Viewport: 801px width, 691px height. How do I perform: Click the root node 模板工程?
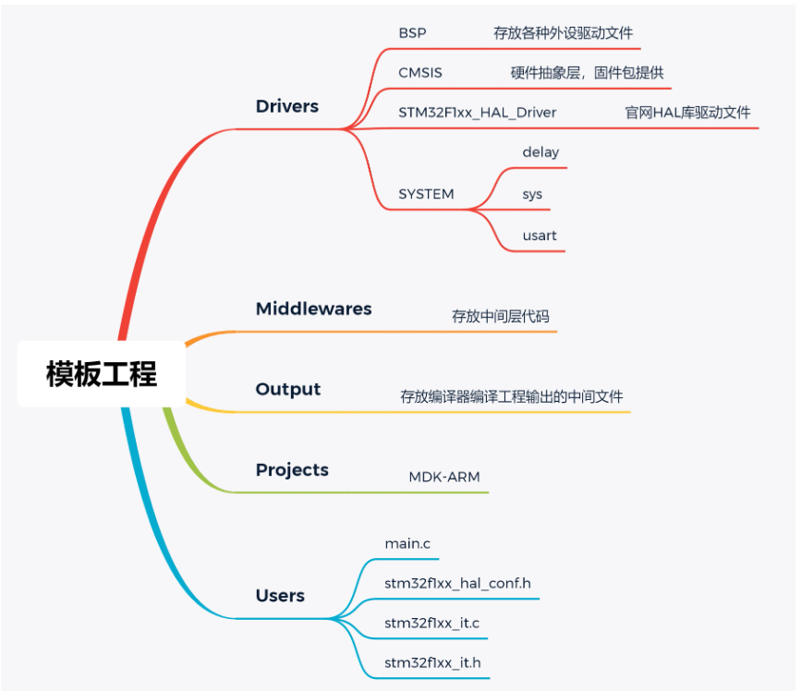102,374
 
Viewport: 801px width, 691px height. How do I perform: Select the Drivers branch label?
286,106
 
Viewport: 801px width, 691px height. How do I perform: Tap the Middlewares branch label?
313,309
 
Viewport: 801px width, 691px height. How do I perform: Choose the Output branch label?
287,389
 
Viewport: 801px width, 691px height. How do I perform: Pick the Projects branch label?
292,469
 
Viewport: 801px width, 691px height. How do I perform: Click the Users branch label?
280,596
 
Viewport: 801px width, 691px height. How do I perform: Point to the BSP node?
412,32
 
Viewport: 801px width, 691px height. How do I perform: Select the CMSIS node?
420,72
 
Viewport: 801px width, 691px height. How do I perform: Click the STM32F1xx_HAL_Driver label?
477,112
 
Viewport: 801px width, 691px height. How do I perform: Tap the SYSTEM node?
426,194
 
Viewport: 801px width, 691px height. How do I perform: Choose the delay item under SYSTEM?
540,152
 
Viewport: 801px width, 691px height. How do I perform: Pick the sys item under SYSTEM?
532,194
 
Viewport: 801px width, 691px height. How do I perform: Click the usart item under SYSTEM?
540,236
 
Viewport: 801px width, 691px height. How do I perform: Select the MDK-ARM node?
444,477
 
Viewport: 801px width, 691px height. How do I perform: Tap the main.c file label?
407,543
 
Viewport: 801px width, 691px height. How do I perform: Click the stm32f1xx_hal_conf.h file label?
457,583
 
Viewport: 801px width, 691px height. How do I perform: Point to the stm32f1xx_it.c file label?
431,623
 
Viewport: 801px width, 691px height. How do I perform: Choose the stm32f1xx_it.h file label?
431,662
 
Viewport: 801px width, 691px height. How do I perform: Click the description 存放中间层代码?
500,316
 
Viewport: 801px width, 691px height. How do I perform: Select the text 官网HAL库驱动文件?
687,112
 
